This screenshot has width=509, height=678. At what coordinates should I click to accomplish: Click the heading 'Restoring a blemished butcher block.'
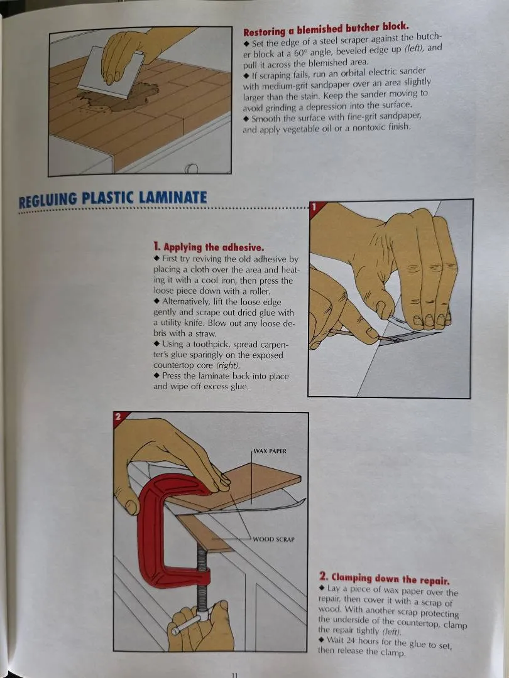(x=326, y=29)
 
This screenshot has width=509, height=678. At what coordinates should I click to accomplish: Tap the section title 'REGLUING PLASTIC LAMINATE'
(x=112, y=198)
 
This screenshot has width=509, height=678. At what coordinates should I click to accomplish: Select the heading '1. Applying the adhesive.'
(x=208, y=247)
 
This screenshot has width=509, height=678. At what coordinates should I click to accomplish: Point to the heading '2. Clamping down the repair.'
(x=385, y=578)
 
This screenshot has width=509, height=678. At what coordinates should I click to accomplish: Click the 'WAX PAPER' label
(x=270, y=451)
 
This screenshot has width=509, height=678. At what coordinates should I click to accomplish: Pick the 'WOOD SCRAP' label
(x=273, y=539)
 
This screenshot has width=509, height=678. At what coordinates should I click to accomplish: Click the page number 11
(x=234, y=674)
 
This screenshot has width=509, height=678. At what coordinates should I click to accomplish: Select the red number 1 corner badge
(x=315, y=207)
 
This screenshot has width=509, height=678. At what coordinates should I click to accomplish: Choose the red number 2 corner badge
(x=119, y=417)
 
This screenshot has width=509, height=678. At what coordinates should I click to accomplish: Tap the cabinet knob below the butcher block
(x=191, y=168)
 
